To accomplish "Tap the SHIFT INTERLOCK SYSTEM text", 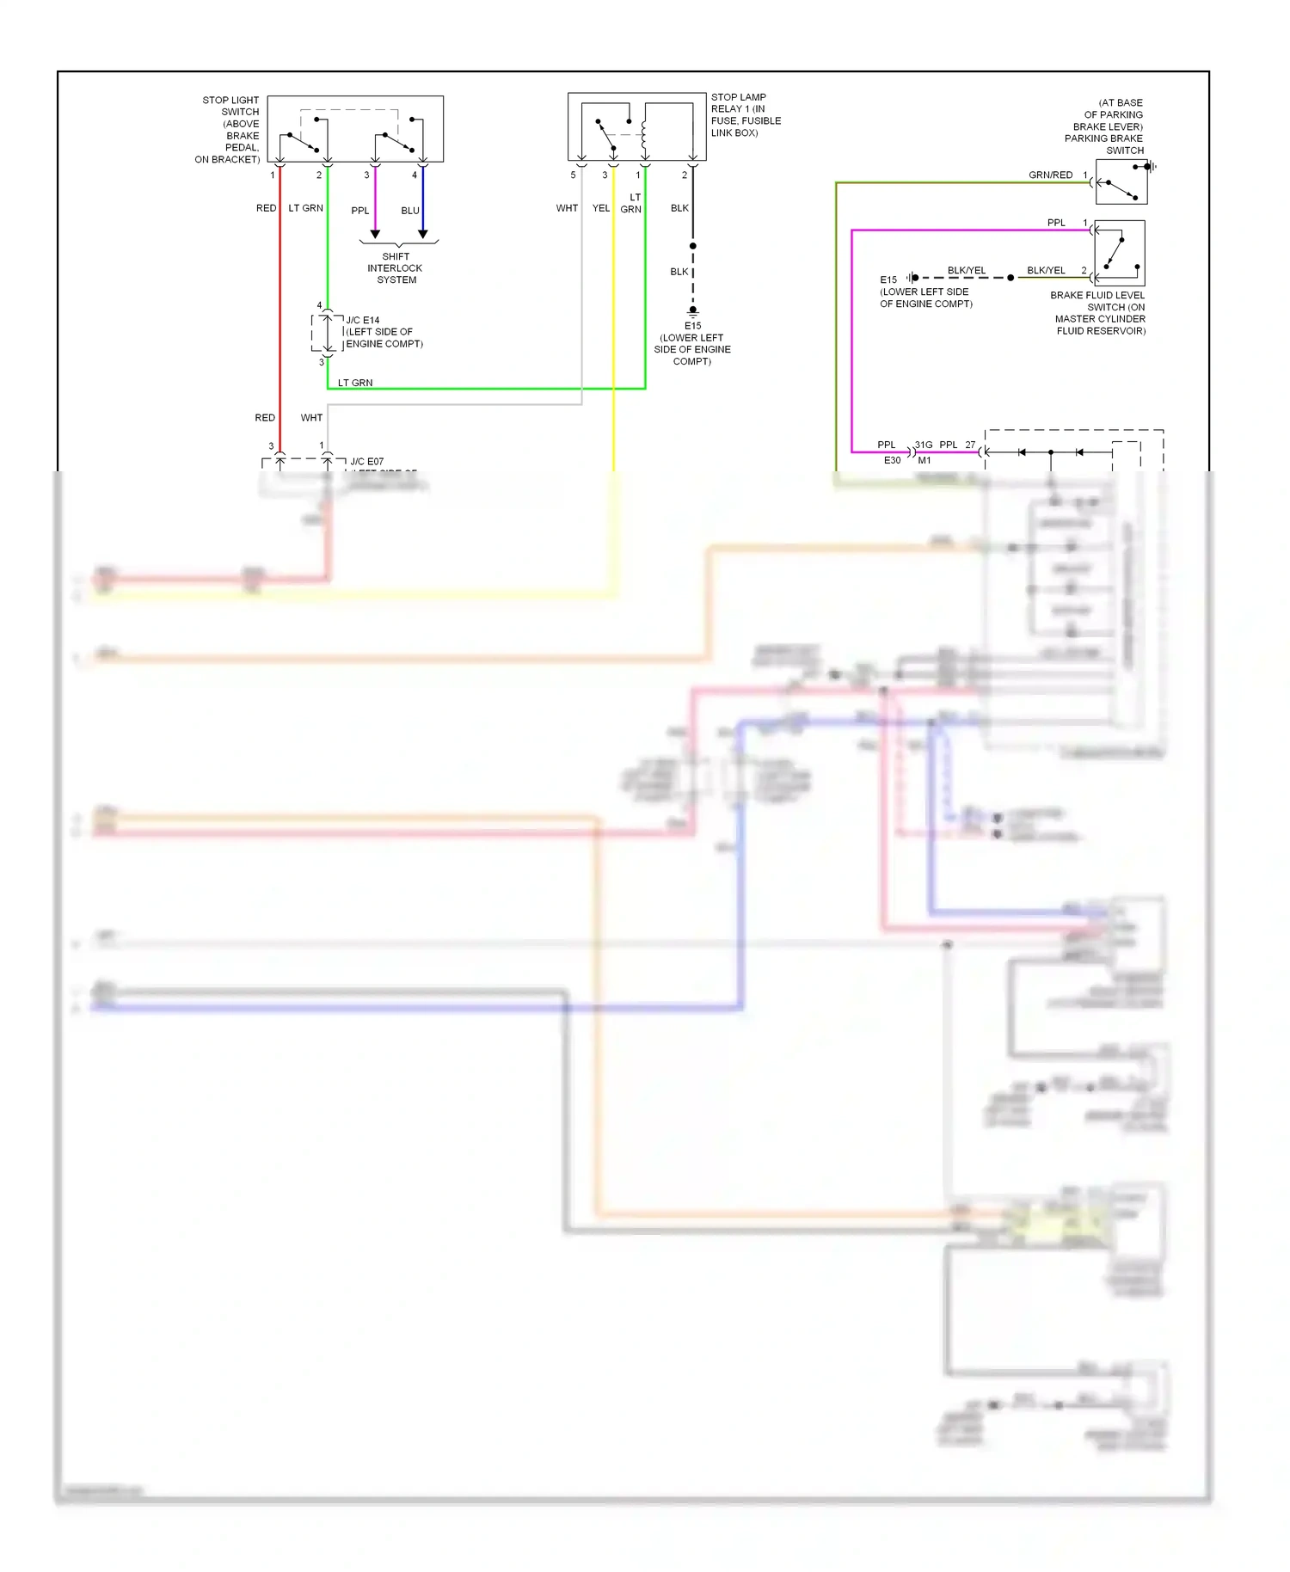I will (396, 268).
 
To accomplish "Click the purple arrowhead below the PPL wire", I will (375, 234).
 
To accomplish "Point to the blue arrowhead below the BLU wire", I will (422, 234).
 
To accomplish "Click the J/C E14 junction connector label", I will (363, 320).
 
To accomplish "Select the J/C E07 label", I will (367, 462).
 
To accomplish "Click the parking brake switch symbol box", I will (1121, 181).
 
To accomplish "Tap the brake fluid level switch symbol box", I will (1120, 253).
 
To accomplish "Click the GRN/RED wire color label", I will (1050, 175).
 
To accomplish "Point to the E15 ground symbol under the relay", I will (692, 311).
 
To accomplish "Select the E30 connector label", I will (892, 460).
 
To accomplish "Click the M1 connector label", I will (924, 460).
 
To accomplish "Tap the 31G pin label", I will (924, 445).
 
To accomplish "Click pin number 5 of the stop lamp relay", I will (573, 175).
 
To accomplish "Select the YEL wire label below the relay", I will (600, 208).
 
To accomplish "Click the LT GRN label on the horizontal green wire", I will (354, 383).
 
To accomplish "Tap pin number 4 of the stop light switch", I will (415, 175).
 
